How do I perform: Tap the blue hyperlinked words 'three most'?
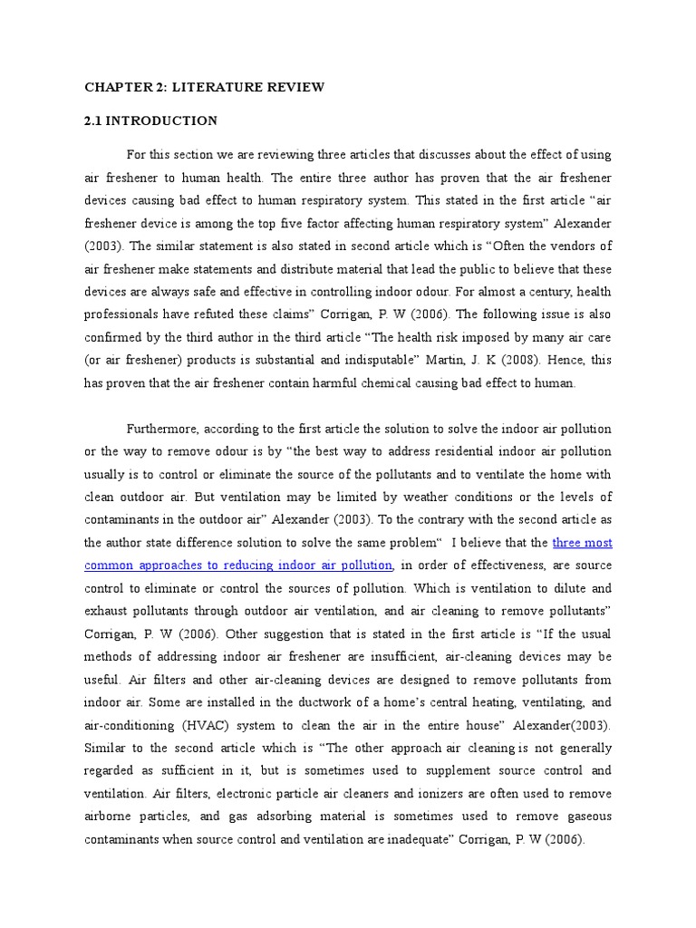point(583,543)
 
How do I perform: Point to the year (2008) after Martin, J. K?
point(536,360)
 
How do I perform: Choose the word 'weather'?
point(440,497)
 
